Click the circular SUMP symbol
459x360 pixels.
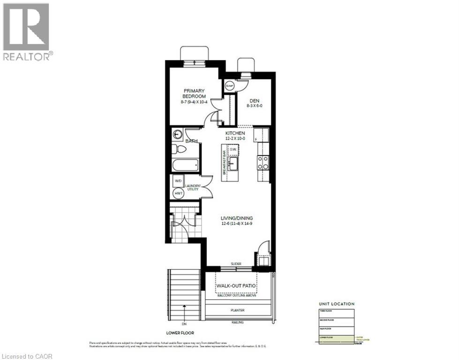click(x=230, y=86)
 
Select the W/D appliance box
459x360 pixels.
click(x=179, y=181)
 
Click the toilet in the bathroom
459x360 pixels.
click(x=178, y=150)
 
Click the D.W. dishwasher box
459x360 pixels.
click(x=233, y=150)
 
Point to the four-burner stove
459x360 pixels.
click(x=263, y=162)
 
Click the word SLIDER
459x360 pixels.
click(x=236, y=264)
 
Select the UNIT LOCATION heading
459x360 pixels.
click(x=337, y=304)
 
